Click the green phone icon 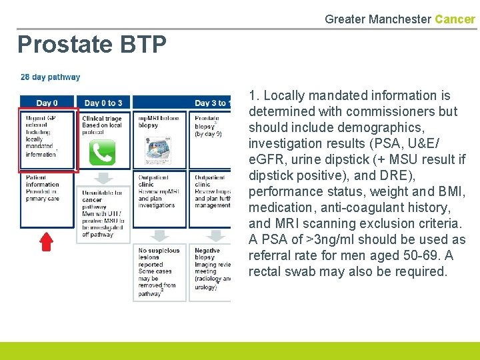coord(102,152)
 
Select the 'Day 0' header coord(47,103)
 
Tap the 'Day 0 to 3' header coord(103,103)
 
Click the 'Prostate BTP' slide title coord(92,45)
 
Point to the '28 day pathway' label coord(51,77)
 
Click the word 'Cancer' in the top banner coord(455,19)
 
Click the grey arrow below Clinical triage coord(103,177)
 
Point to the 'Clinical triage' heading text coord(102,119)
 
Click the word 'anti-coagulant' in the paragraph coord(347,207)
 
